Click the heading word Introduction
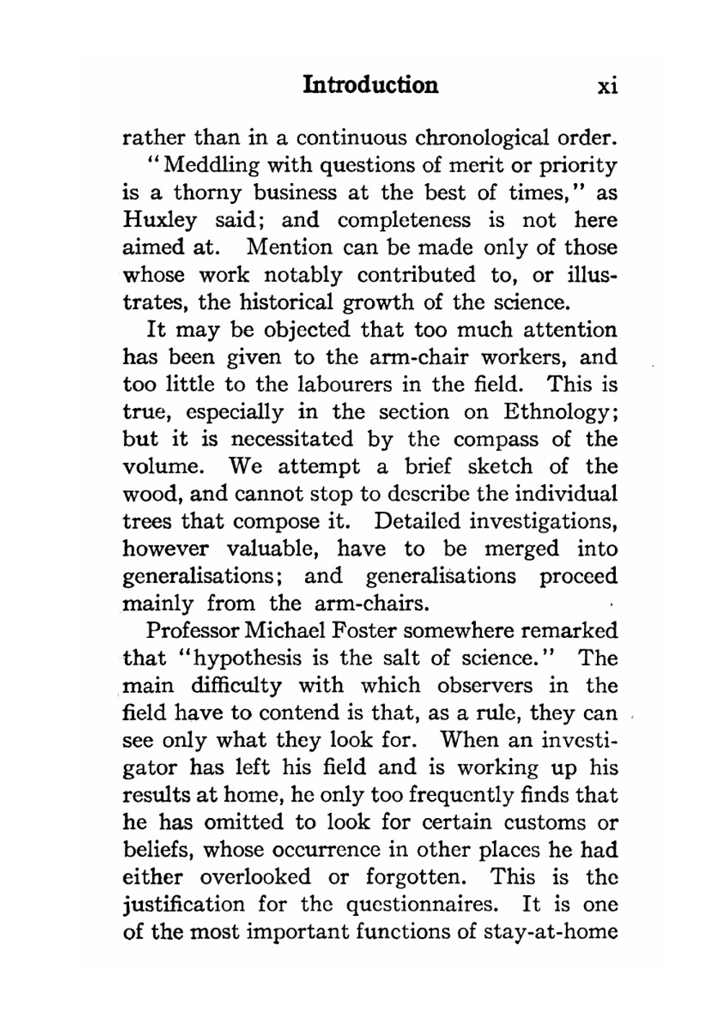pos(371,85)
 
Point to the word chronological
pos(482,137)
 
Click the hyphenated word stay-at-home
pos(550,932)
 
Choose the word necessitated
pos(292,440)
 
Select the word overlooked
pos(255,877)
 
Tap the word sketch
pos(501,467)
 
